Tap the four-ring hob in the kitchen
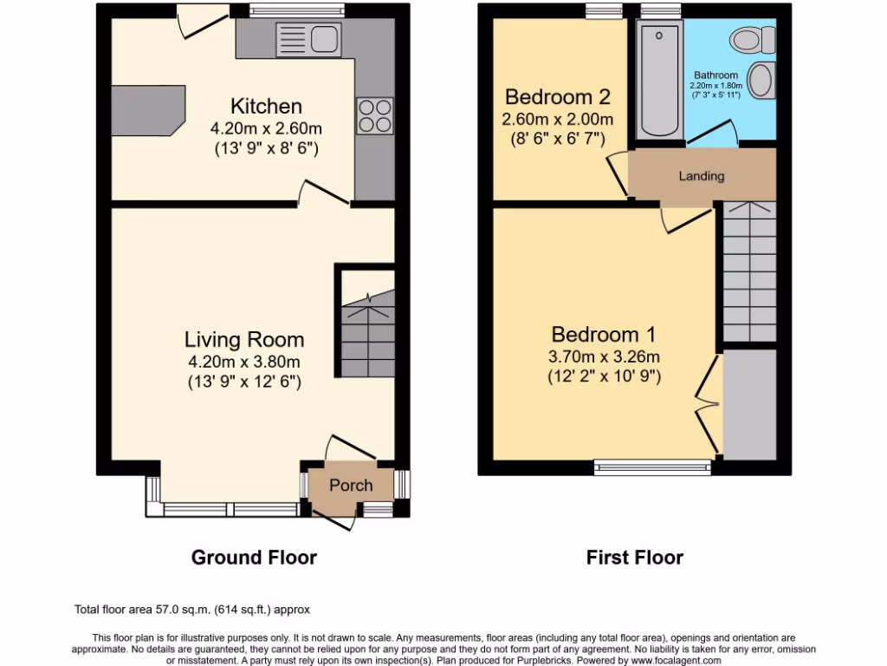click(x=374, y=115)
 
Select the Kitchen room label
click(x=266, y=107)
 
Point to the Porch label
click(x=351, y=486)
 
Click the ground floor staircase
click(x=367, y=334)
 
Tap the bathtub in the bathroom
click(x=659, y=80)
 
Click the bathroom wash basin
click(x=760, y=81)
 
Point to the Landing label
click(x=701, y=176)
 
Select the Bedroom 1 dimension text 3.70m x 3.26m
click(x=604, y=356)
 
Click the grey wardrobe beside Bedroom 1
click(x=749, y=404)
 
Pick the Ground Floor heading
click(x=254, y=558)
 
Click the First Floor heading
click(x=634, y=558)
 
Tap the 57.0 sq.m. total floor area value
click(x=183, y=610)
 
